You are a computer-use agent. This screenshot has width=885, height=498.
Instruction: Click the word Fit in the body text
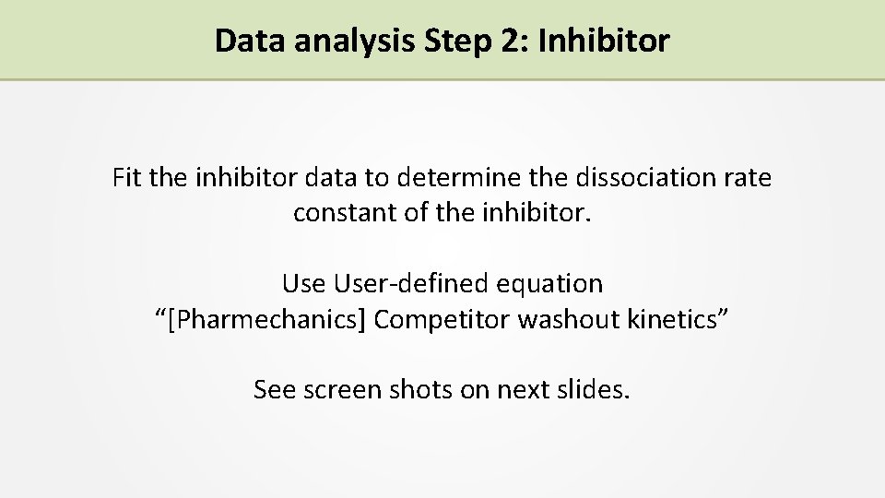[x=127, y=176]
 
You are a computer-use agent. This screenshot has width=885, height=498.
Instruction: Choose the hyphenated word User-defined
[x=401, y=283]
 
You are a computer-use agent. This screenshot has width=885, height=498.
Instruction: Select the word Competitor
[x=443, y=319]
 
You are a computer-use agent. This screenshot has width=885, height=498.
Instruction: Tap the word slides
[x=594, y=389]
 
